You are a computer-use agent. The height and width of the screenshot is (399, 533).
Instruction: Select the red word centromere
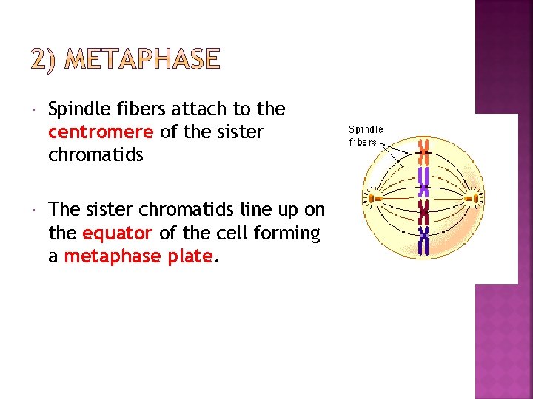100,132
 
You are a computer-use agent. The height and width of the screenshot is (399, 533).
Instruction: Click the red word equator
117,233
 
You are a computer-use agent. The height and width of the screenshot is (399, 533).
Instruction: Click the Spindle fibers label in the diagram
366,136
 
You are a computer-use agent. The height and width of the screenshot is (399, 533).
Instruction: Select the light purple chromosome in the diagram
424,178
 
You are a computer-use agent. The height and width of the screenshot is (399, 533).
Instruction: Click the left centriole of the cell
375,198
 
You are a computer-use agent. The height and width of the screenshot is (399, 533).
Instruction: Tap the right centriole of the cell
472,197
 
